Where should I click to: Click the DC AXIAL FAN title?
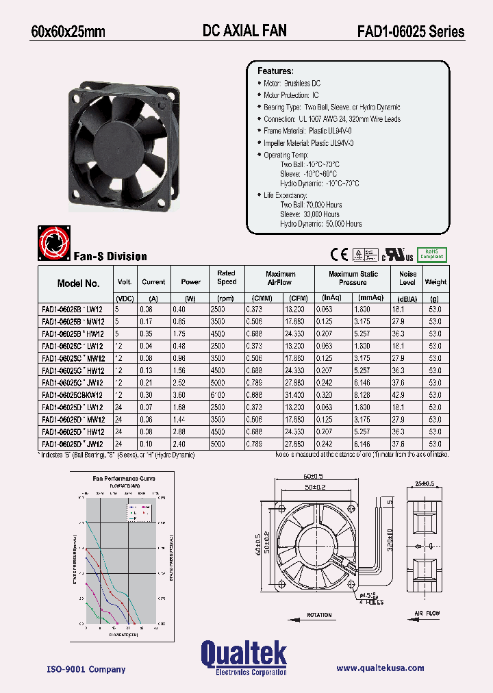click(244, 31)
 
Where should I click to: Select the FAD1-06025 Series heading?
click(410, 32)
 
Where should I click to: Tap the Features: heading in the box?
click(275, 71)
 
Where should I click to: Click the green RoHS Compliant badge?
click(431, 254)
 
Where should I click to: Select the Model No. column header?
click(79, 283)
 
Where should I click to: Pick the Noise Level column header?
click(407, 278)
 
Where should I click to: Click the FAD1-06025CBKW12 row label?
click(72, 395)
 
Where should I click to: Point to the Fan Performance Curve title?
click(124, 479)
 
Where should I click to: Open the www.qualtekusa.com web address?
click(380, 668)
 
